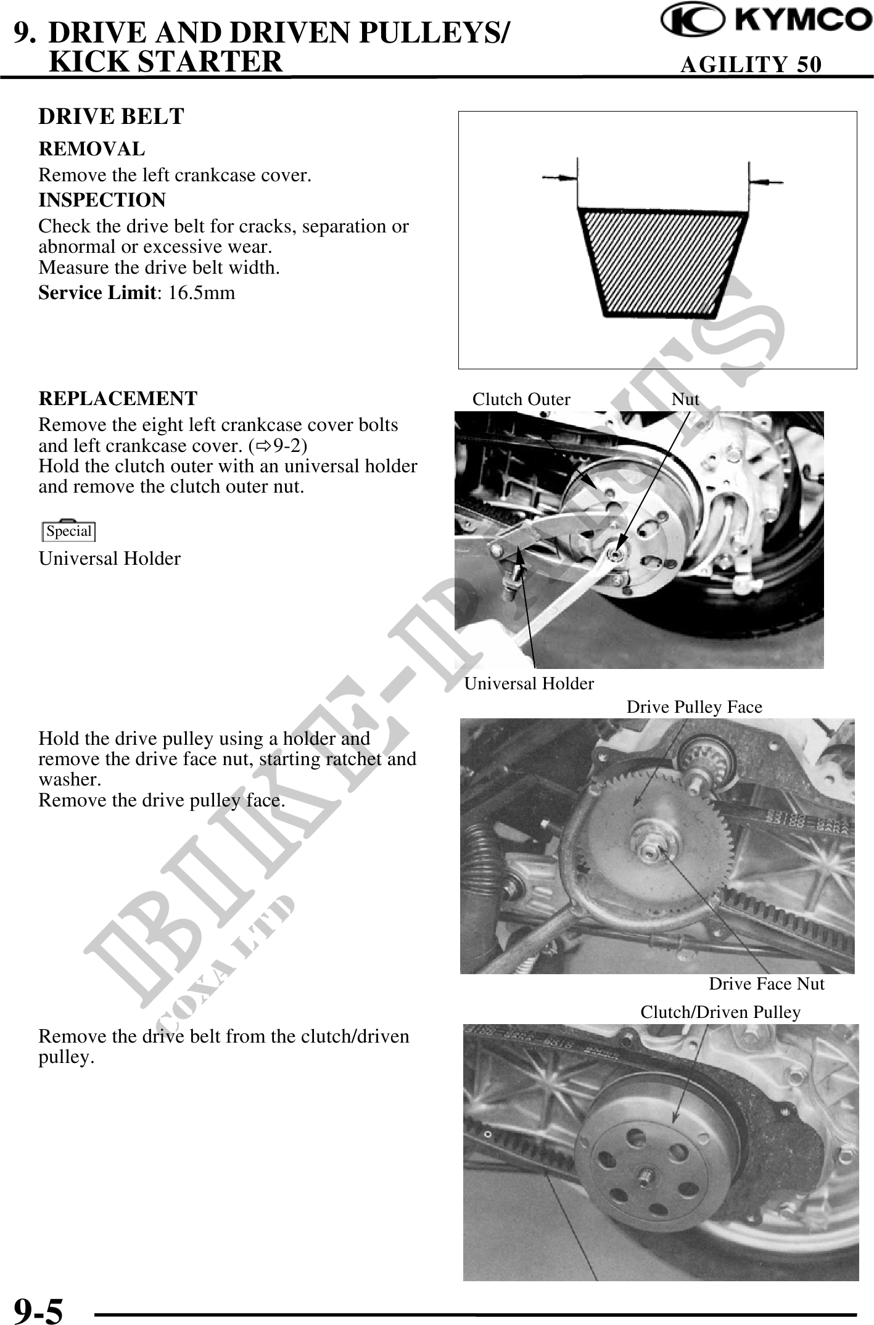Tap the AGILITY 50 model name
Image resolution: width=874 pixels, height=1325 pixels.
click(x=751, y=64)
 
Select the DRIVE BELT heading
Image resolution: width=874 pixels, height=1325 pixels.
click(x=111, y=117)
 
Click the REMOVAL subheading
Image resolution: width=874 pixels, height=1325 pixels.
click(x=92, y=149)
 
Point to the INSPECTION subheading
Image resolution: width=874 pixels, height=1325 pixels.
click(x=102, y=200)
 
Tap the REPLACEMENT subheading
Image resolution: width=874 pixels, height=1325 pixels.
click(x=118, y=399)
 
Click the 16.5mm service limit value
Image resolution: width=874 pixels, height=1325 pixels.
click(x=202, y=293)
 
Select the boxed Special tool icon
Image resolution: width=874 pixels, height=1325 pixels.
click(x=69, y=531)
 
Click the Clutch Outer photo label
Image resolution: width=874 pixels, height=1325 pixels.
click(x=521, y=400)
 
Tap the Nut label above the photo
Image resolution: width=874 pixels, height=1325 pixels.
click(x=685, y=400)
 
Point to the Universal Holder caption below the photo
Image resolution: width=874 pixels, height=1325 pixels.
click(x=529, y=683)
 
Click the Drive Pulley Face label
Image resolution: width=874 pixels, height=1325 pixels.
click(x=694, y=707)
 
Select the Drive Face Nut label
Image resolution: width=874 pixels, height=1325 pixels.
click(x=766, y=984)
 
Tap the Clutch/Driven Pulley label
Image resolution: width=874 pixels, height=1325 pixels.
click(x=720, y=1012)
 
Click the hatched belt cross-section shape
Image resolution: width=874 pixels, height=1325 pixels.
click(x=662, y=262)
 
